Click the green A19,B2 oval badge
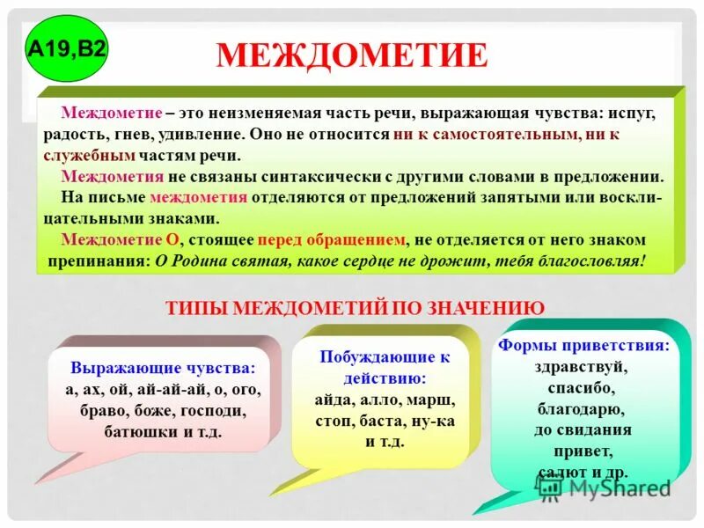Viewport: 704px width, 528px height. (x=68, y=48)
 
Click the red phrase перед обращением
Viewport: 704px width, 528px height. (x=332, y=239)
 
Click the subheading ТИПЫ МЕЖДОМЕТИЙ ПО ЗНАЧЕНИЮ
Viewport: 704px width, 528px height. (x=355, y=307)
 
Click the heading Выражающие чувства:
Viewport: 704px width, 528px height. (x=164, y=367)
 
